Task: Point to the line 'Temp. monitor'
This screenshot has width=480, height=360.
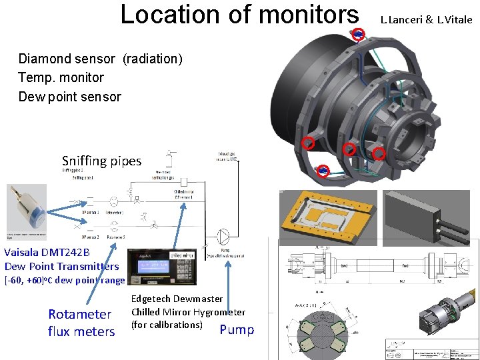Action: coord(61,78)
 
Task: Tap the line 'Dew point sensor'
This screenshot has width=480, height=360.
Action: coord(69,97)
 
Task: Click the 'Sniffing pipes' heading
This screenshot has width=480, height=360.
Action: coord(101,161)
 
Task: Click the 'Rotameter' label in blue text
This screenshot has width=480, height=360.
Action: coord(79,314)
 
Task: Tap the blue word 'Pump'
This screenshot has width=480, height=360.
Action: coord(237,329)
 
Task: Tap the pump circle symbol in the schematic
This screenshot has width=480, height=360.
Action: coord(225,235)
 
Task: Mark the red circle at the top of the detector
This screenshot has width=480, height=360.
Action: coord(359,34)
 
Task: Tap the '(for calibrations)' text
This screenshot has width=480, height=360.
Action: coord(167,325)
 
